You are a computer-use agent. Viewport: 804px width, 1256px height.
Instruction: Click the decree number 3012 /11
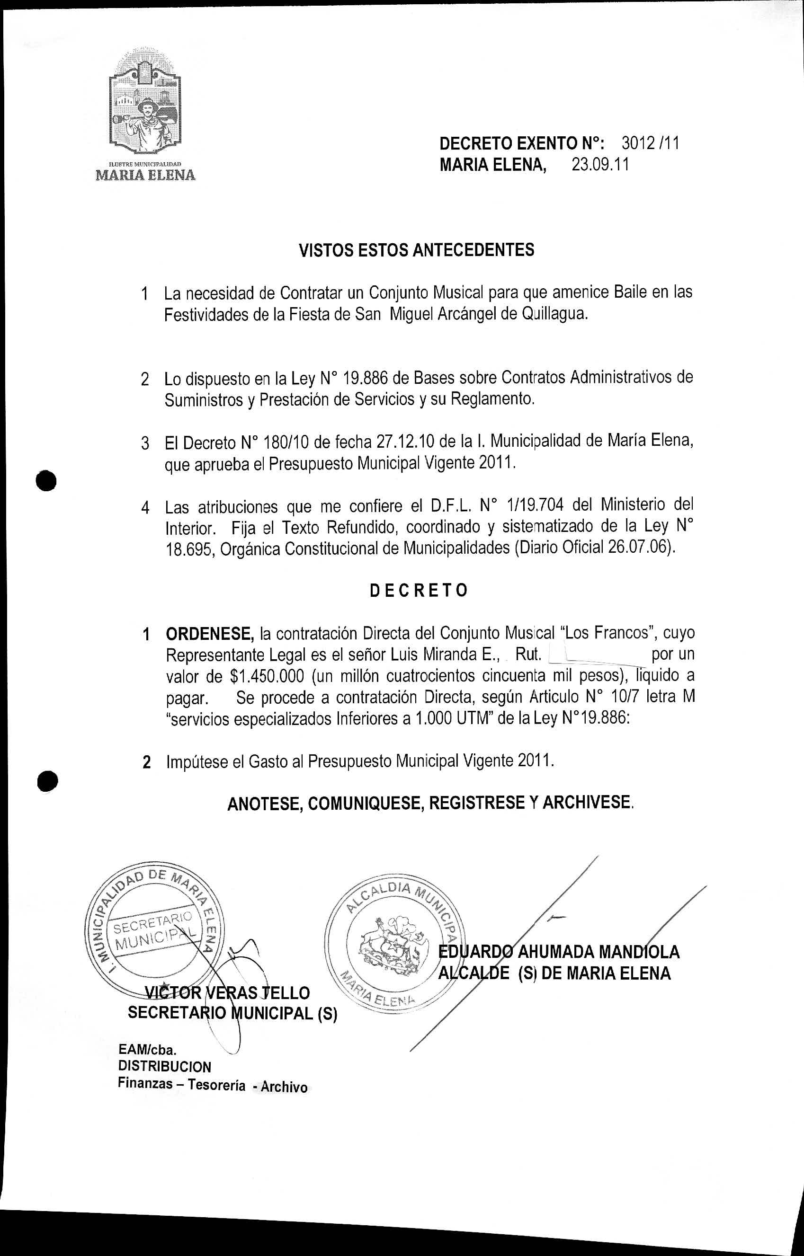click(x=650, y=143)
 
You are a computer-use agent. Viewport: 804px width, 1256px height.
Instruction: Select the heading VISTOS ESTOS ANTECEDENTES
click(x=416, y=250)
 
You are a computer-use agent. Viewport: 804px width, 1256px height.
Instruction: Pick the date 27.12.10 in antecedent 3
click(x=398, y=442)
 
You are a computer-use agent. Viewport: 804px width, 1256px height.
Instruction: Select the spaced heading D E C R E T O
click(x=418, y=591)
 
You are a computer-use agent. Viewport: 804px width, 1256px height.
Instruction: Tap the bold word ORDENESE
click(x=209, y=634)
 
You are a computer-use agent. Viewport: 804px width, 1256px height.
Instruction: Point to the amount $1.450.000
click(x=266, y=677)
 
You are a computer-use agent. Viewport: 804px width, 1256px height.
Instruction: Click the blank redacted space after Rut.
click(x=595, y=655)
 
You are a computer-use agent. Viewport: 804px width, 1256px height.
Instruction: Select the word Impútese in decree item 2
click(x=198, y=762)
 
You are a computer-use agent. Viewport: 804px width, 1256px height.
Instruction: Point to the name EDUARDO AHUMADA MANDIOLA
click(x=559, y=952)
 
